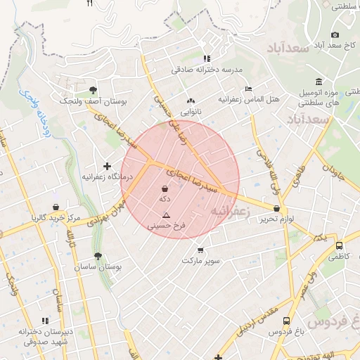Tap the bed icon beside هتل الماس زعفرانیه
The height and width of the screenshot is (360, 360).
click(x=248, y=89)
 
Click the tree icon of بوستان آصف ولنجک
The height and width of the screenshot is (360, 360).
click(x=93, y=89)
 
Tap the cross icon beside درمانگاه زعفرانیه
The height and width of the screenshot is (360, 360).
click(x=107, y=166)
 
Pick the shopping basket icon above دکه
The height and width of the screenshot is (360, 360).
click(x=165, y=189)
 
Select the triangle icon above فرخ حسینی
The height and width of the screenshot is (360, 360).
click(x=167, y=215)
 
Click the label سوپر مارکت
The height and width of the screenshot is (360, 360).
click(x=201, y=260)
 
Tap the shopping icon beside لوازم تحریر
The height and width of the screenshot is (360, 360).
click(x=277, y=208)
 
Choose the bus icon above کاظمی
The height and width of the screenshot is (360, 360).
click(x=340, y=246)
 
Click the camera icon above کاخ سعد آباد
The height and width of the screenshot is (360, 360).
click(x=335, y=35)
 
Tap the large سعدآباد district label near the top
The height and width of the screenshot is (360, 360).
click(x=288, y=48)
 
